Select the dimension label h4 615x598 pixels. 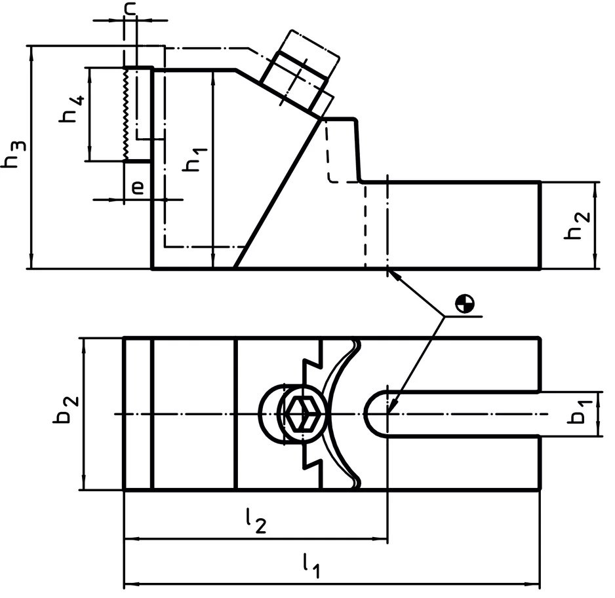pyautogui.click(x=72, y=109)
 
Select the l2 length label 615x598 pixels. pyautogui.click(x=256, y=522)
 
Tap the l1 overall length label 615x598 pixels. pyautogui.click(x=311, y=565)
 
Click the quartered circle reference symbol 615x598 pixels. pyautogui.click(x=466, y=303)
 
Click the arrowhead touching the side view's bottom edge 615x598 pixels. pyautogui.click(x=393, y=274)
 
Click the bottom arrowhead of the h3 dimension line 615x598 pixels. pyautogui.click(x=31, y=262)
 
